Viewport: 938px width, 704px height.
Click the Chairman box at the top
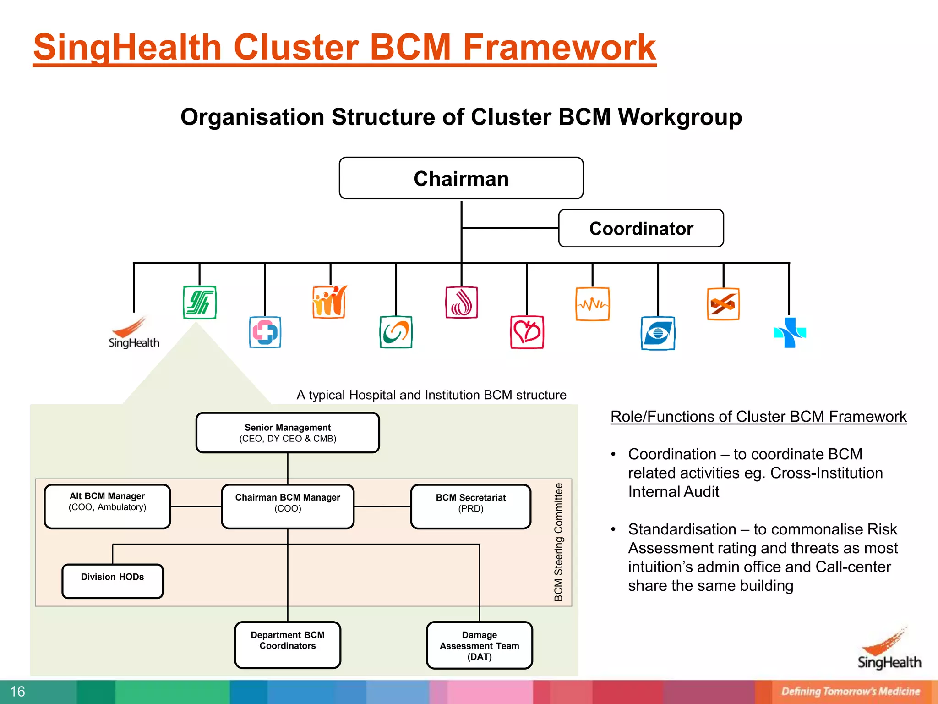coord(461,178)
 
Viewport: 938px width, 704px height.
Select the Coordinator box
coord(641,228)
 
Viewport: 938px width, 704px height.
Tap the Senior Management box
coord(288,433)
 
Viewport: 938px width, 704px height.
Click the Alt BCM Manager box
coord(108,506)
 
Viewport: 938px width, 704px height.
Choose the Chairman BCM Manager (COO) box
coord(288,506)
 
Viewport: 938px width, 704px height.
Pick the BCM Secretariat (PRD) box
coord(471,506)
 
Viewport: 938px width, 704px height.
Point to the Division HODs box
coord(113,581)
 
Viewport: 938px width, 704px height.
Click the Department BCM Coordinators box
coord(288,645)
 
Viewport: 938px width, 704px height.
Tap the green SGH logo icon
coord(200,302)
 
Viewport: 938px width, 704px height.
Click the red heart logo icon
coord(527,332)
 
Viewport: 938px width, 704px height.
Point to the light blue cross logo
coord(790,332)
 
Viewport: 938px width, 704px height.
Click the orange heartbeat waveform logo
coord(593,304)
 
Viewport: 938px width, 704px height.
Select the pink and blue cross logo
coord(265,332)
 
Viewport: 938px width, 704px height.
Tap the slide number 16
coord(18,692)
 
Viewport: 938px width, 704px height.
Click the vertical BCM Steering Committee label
coord(558,542)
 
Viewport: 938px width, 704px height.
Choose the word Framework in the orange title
coord(560,47)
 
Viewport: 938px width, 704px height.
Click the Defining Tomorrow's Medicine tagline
coord(851,692)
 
